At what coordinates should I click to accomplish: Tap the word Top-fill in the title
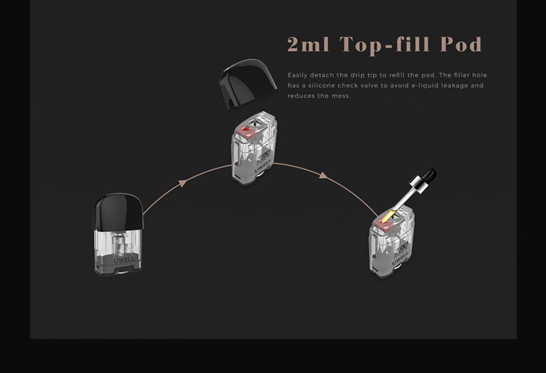click(384, 45)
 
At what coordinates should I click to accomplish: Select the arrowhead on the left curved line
click(182, 183)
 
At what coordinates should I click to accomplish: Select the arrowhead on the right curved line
click(323, 175)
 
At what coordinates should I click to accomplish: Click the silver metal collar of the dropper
click(415, 184)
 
